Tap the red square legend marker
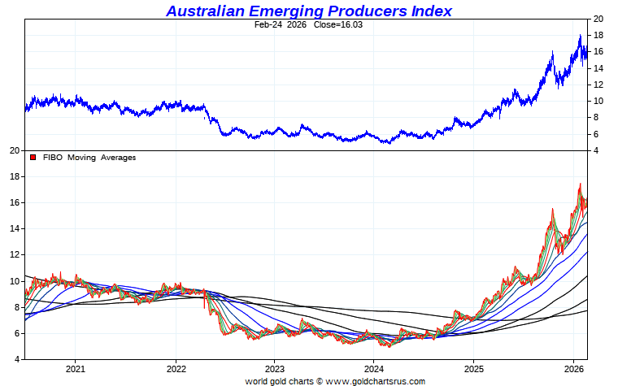tap(33, 158)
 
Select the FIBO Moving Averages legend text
tap(89, 158)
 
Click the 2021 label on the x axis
tap(75, 368)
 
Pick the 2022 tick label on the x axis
tap(176, 368)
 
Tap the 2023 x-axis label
tap(274, 368)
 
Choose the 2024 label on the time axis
tap(373, 368)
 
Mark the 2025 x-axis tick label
tap(474, 368)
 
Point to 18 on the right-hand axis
tap(598, 35)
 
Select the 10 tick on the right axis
tap(598, 101)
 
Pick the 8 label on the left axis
tap(16, 307)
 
